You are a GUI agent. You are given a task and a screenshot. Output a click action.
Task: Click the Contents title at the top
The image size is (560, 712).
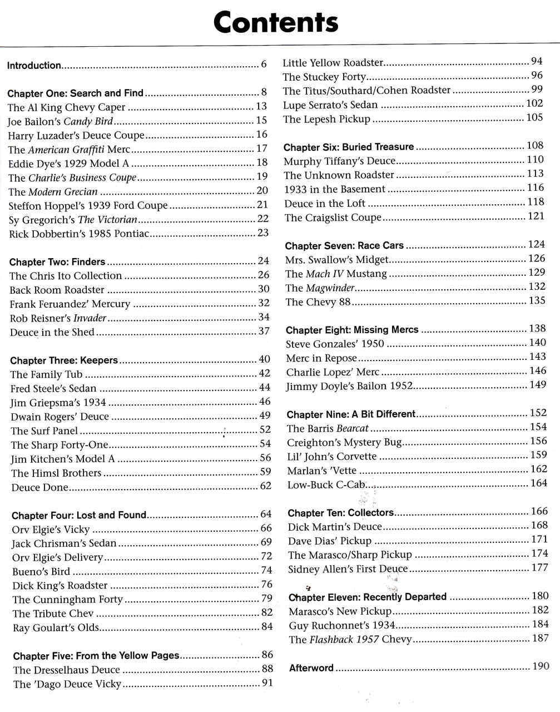(275, 23)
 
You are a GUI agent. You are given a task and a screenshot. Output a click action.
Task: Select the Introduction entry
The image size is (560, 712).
(34, 66)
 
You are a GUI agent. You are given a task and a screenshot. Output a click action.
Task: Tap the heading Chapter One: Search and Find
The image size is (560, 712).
(76, 93)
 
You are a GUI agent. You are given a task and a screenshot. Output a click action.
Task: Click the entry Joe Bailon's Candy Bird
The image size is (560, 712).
(60, 121)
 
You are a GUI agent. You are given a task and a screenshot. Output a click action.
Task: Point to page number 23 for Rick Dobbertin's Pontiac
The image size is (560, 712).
(263, 233)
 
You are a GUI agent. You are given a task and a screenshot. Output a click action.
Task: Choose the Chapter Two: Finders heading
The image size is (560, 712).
(57, 262)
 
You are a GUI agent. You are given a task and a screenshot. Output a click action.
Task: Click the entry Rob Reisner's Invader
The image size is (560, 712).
(58, 318)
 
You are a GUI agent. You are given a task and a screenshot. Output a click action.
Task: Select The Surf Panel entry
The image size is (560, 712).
(44, 431)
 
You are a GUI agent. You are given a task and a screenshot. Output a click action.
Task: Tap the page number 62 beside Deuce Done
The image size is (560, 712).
(266, 486)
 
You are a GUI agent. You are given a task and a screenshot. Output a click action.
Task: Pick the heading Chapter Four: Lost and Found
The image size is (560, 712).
(79, 516)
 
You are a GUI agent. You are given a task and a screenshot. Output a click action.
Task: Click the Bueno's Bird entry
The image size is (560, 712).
(41, 571)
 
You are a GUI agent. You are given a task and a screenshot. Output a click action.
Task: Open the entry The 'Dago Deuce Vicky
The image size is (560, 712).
(67, 684)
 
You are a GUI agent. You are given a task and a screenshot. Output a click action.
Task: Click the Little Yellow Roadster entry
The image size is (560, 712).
(333, 63)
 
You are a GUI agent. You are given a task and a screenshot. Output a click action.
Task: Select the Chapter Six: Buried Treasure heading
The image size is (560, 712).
(349, 147)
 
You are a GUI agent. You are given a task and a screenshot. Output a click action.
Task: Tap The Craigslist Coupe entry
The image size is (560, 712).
(333, 217)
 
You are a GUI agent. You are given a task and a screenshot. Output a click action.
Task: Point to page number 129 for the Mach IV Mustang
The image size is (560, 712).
(537, 273)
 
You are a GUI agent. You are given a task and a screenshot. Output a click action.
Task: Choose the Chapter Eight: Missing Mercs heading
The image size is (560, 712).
(352, 330)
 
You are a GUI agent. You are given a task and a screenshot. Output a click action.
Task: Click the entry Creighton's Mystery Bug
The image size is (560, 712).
(344, 443)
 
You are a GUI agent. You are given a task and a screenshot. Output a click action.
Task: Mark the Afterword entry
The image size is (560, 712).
(311, 668)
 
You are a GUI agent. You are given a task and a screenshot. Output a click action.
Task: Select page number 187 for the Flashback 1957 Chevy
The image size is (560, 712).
(540, 638)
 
